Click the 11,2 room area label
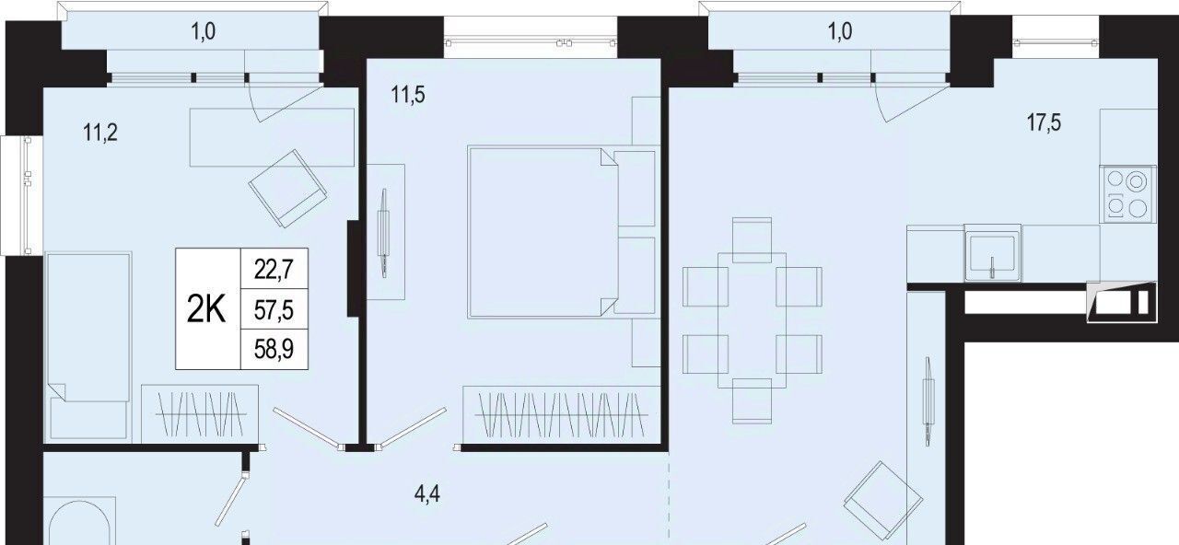(100, 132)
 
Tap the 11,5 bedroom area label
(408, 95)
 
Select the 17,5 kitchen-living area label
(1044, 122)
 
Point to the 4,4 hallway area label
(426, 494)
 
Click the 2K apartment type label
(206, 309)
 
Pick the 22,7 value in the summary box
(274, 270)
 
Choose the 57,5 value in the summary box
(274, 310)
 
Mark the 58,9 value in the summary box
(274, 349)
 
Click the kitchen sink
(993, 253)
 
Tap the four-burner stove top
(1128, 194)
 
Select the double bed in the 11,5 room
(563, 232)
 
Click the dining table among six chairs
(752, 319)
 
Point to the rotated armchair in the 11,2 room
(287, 189)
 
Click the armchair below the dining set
(882, 500)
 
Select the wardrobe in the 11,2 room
(200, 413)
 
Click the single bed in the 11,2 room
(88, 345)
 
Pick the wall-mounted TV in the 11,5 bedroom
(384, 233)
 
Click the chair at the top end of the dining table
(752, 240)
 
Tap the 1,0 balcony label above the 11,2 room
(204, 32)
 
